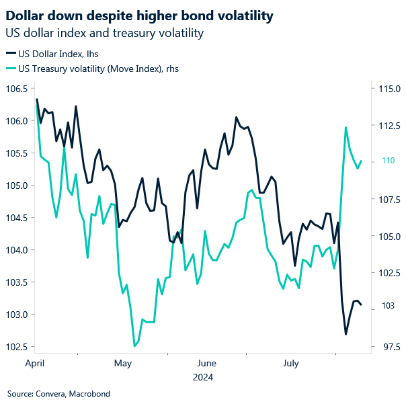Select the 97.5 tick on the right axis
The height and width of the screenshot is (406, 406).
pyautogui.click(x=388, y=347)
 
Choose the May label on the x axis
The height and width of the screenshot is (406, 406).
pyautogui.click(x=122, y=364)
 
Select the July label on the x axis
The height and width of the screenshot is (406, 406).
pyautogui.click(x=290, y=364)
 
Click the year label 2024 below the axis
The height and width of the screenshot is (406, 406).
pyautogui.click(x=202, y=378)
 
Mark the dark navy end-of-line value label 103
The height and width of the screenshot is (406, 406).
pyautogui.click(x=384, y=306)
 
